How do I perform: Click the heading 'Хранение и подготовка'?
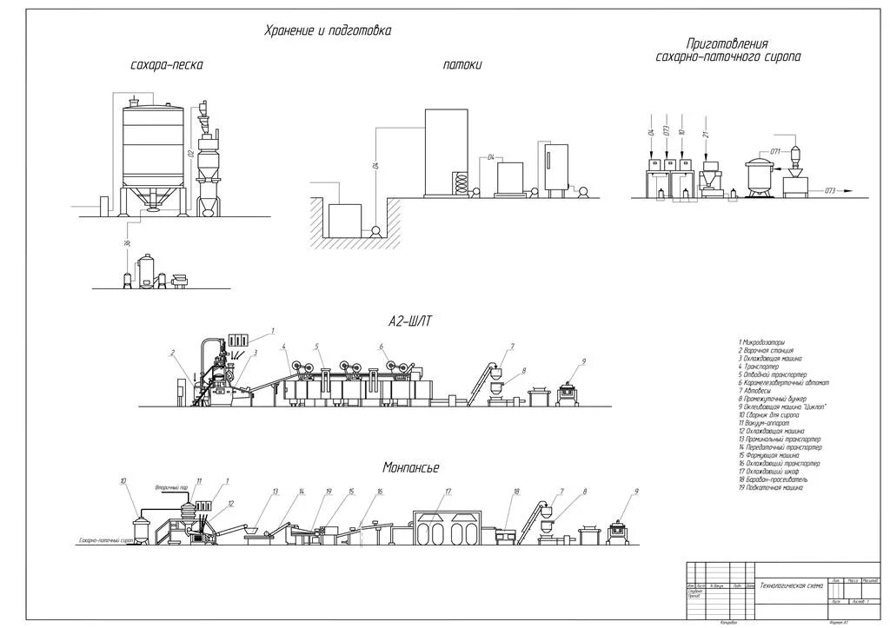click(328, 31)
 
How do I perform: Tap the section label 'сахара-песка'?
click(166, 65)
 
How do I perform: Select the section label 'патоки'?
click(462, 65)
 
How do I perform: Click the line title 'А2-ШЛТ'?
click(410, 321)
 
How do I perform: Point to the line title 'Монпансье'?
click(411, 467)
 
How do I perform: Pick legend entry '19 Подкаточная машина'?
click(771, 487)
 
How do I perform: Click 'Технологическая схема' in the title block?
click(791, 585)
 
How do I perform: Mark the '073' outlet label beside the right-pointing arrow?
click(829, 190)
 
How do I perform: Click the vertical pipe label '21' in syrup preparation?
click(706, 132)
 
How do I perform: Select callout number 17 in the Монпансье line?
click(448, 492)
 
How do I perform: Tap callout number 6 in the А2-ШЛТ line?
click(381, 347)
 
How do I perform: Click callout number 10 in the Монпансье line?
click(123, 480)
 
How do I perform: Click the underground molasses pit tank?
click(343, 221)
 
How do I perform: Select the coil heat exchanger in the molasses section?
click(462, 183)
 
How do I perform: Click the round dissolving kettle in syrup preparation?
click(760, 175)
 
